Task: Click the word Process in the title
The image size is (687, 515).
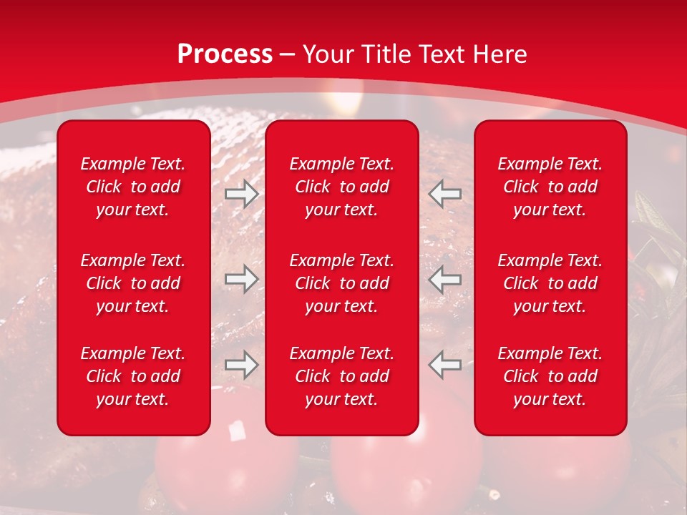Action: point(225,54)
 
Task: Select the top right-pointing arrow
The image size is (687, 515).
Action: point(241,194)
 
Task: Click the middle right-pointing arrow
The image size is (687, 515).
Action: point(241,279)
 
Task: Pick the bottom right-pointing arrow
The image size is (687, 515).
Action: point(241,365)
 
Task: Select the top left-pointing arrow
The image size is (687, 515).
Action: point(445,194)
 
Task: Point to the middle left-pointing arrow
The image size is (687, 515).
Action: point(445,279)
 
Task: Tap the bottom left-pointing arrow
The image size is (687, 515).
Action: point(445,365)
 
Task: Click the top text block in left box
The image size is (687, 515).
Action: point(133,187)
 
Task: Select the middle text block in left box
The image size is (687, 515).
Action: point(133,283)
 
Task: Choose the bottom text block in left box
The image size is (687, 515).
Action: point(133,376)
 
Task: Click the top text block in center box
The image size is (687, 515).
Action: point(342,187)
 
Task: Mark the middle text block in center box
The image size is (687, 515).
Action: point(342,283)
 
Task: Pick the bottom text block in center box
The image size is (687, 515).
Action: point(342,376)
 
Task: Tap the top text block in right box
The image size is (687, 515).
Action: point(550,187)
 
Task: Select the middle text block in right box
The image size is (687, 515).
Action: point(550,283)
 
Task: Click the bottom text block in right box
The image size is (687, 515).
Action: point(550,376)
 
